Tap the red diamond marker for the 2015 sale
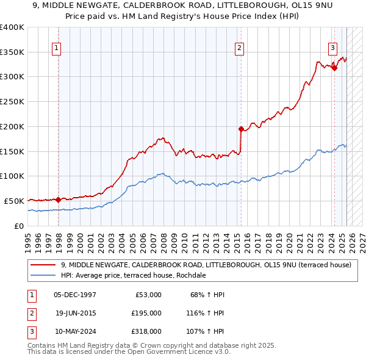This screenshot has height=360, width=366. (241, 129)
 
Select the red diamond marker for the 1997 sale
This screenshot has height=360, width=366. (59, 199)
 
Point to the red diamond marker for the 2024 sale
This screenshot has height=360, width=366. (334, 68)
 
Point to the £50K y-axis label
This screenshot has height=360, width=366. (14, 201)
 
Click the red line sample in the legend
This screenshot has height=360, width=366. (43, 265)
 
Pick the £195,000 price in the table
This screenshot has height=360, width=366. (146, 312)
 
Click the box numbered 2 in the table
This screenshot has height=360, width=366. (29, 312)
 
